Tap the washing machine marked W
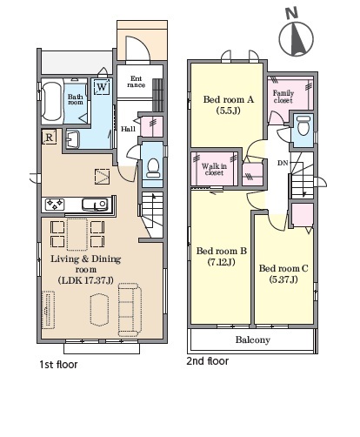[x=102, y=86]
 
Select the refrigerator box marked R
[x=50, y=137]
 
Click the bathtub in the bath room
[x=51, y=101]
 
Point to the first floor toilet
[x=153, y=168]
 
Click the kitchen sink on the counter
[x=96, y=205]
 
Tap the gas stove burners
[x=55, y=205]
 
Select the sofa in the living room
[x=130, y=310]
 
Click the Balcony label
[x=253, y=340]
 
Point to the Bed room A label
[x=229, y=99]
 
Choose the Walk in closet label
[x=214, y=169]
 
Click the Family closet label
[x=283, y=97]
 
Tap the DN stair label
[x=283, y=163]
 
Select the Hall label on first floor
[x=128, y=129]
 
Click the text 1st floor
[x=58, y=365]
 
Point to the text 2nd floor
[x=208, y=361]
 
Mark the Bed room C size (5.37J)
[x=283, y=279]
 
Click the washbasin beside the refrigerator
[x=72, y=139]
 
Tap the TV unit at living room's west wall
[x=49, y=310]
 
